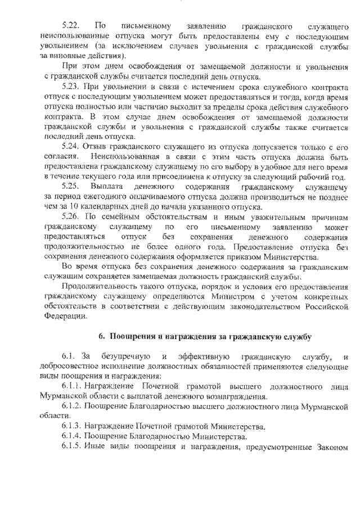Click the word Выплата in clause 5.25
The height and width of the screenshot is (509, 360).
click(x=109, y=186)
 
